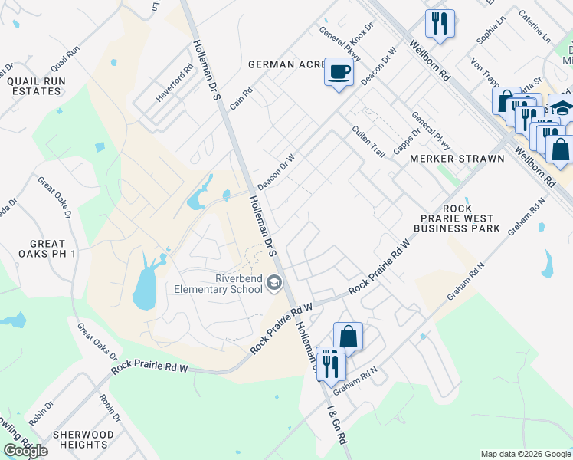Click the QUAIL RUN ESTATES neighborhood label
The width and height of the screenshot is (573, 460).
tap(32, 86)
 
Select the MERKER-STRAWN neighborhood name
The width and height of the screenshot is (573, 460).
tap(457, 159)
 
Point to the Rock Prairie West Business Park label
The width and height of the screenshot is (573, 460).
tap(457, 218)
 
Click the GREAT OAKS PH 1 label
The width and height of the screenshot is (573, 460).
tap(38, 248)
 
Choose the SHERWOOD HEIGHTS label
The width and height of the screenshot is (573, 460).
tap(83, 439)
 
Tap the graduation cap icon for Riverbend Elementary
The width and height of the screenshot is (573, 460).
tap(273, 284)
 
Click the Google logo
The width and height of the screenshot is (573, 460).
tap(25, 451)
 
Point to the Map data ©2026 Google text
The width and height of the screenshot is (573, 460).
tap(525, 454)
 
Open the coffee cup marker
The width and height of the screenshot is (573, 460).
tap(339, 72)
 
